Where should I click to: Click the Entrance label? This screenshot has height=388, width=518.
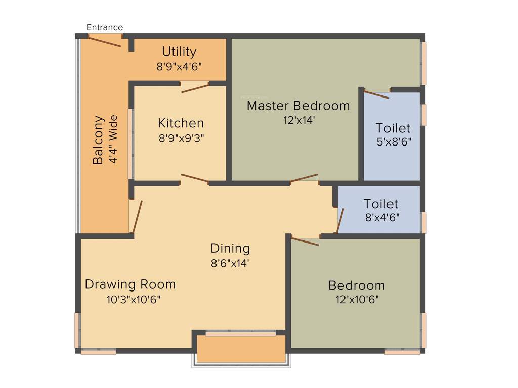[105, 27]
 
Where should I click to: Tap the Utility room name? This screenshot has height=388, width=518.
[179, 52]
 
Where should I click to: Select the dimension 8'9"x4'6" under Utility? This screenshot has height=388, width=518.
[179, 66]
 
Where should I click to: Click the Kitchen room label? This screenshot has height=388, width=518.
[181, 123]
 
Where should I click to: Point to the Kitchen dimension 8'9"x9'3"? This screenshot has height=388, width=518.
[181, 137]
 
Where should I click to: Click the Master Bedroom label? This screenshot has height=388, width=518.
[298, 106]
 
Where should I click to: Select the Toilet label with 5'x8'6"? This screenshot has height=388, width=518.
[393, 128]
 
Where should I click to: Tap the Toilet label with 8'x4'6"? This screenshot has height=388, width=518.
[381, 204]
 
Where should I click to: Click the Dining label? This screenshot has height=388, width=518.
[230, 248]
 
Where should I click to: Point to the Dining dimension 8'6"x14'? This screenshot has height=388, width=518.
[230, 263]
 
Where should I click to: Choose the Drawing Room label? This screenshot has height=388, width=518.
[130, 284]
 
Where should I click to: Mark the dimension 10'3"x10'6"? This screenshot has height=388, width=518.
[134, 299]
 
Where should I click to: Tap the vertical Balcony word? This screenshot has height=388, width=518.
[98, 140]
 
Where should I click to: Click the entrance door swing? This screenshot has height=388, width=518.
[104, 41]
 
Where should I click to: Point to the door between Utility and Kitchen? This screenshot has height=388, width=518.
[195, 88]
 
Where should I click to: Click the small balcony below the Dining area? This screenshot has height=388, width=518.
[241, 349]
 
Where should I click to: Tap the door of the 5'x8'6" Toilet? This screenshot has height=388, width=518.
[376, 94]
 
